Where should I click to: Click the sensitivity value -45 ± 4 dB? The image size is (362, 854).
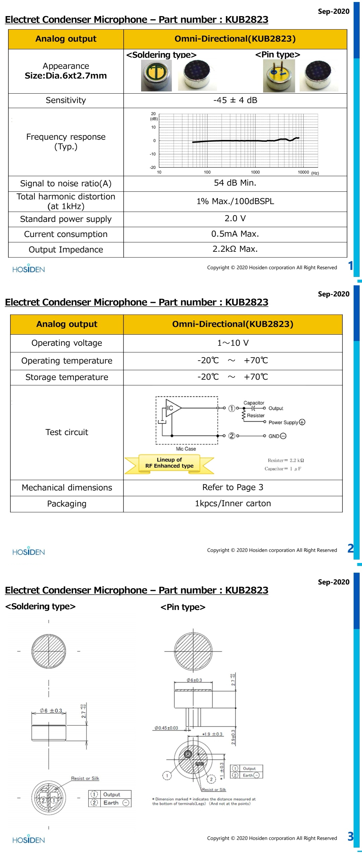[235, 100]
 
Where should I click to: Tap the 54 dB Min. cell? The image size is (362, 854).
[235, 183]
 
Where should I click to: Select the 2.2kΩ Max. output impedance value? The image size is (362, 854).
[235, 249]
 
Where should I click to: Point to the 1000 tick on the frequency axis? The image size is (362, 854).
[255, 172]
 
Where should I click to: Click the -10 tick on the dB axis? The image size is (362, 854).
[153, 154]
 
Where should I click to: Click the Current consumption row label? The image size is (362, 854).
[66, 234]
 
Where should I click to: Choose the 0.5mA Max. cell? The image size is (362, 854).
[235, 234]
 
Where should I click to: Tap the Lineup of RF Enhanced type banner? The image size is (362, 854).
[169, 463]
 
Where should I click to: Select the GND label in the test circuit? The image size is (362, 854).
[274, 436]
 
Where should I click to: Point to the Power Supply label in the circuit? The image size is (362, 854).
[283, 422]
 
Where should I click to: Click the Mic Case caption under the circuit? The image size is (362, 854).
[186, 449]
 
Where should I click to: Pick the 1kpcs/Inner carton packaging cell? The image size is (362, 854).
[233, 504]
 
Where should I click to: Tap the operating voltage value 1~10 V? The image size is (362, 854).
[233, 343]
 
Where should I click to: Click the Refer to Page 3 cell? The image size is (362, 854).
[233, 487]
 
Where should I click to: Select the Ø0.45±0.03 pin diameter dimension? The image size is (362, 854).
[166, 728]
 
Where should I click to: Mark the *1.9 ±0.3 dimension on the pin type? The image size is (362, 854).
[213, 734]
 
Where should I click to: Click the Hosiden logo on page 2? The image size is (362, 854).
[28, 552]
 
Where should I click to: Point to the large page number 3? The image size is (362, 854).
[351, 836]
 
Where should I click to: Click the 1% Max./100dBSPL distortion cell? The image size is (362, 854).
[235, 201]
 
